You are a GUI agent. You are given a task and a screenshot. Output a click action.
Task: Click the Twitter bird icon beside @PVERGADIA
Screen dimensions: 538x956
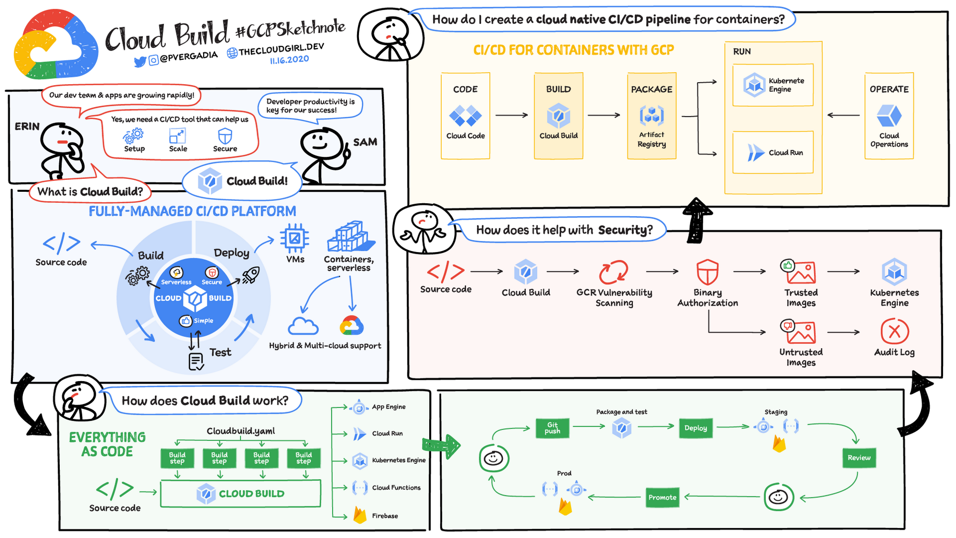(140, 62)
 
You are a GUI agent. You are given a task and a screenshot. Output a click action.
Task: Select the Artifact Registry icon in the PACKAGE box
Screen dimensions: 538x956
(652, 115)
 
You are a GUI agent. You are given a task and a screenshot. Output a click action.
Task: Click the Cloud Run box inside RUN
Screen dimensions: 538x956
(773, 153)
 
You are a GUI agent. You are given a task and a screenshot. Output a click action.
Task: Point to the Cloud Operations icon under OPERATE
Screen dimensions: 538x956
(889, 115)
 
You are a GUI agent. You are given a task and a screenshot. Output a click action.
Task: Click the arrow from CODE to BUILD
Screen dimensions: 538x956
(511, 115)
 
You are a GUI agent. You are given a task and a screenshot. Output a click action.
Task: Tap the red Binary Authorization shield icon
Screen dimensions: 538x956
(707, 272)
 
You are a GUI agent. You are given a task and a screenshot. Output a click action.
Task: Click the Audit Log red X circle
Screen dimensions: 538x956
(894, 331)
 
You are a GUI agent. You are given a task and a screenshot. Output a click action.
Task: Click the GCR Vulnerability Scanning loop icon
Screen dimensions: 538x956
(614, 272)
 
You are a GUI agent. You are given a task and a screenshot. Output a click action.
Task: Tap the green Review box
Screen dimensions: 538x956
(859, 458)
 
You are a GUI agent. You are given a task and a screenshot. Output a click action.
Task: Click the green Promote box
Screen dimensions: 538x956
(662, 497)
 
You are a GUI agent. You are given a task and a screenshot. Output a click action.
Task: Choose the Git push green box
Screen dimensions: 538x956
(552, 428)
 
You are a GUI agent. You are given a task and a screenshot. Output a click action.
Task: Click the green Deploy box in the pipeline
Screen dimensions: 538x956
(695, 428)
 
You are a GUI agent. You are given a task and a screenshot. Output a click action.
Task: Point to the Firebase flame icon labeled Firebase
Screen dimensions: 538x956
(360, 515)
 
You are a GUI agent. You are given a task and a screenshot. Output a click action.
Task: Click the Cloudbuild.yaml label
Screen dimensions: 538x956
(241, 431)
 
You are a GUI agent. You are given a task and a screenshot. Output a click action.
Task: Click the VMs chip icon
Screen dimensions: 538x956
(294, 238)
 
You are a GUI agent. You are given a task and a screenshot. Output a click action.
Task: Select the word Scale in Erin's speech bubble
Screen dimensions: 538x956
(178, 149)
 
